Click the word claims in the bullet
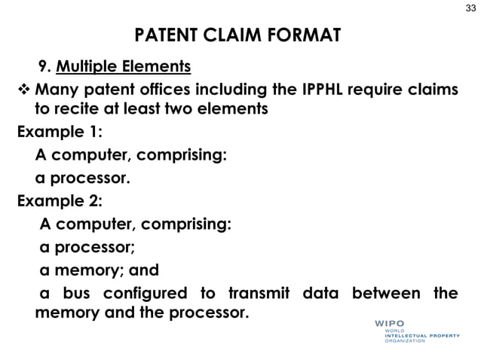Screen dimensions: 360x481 [430, 91]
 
